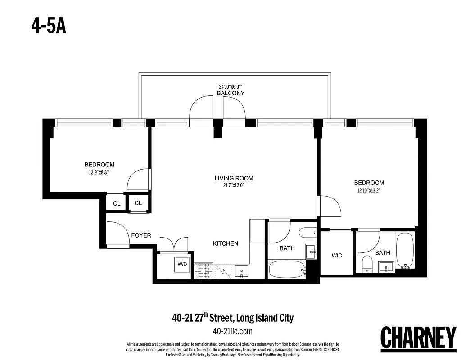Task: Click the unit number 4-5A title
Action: [49, 26]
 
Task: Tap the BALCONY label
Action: [231, 93]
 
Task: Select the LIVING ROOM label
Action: [234, 178]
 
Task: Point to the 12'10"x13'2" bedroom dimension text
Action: [369, 190]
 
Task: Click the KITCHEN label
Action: [226, 243]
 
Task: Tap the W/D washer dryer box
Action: [182, 265]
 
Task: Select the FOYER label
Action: [141, 235]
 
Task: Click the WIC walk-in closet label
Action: [337, 256]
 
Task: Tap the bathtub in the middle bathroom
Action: [286, 270]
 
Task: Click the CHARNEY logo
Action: [418, 337]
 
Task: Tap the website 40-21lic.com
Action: [232, 331]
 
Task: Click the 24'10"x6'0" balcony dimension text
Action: [231, 86]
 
